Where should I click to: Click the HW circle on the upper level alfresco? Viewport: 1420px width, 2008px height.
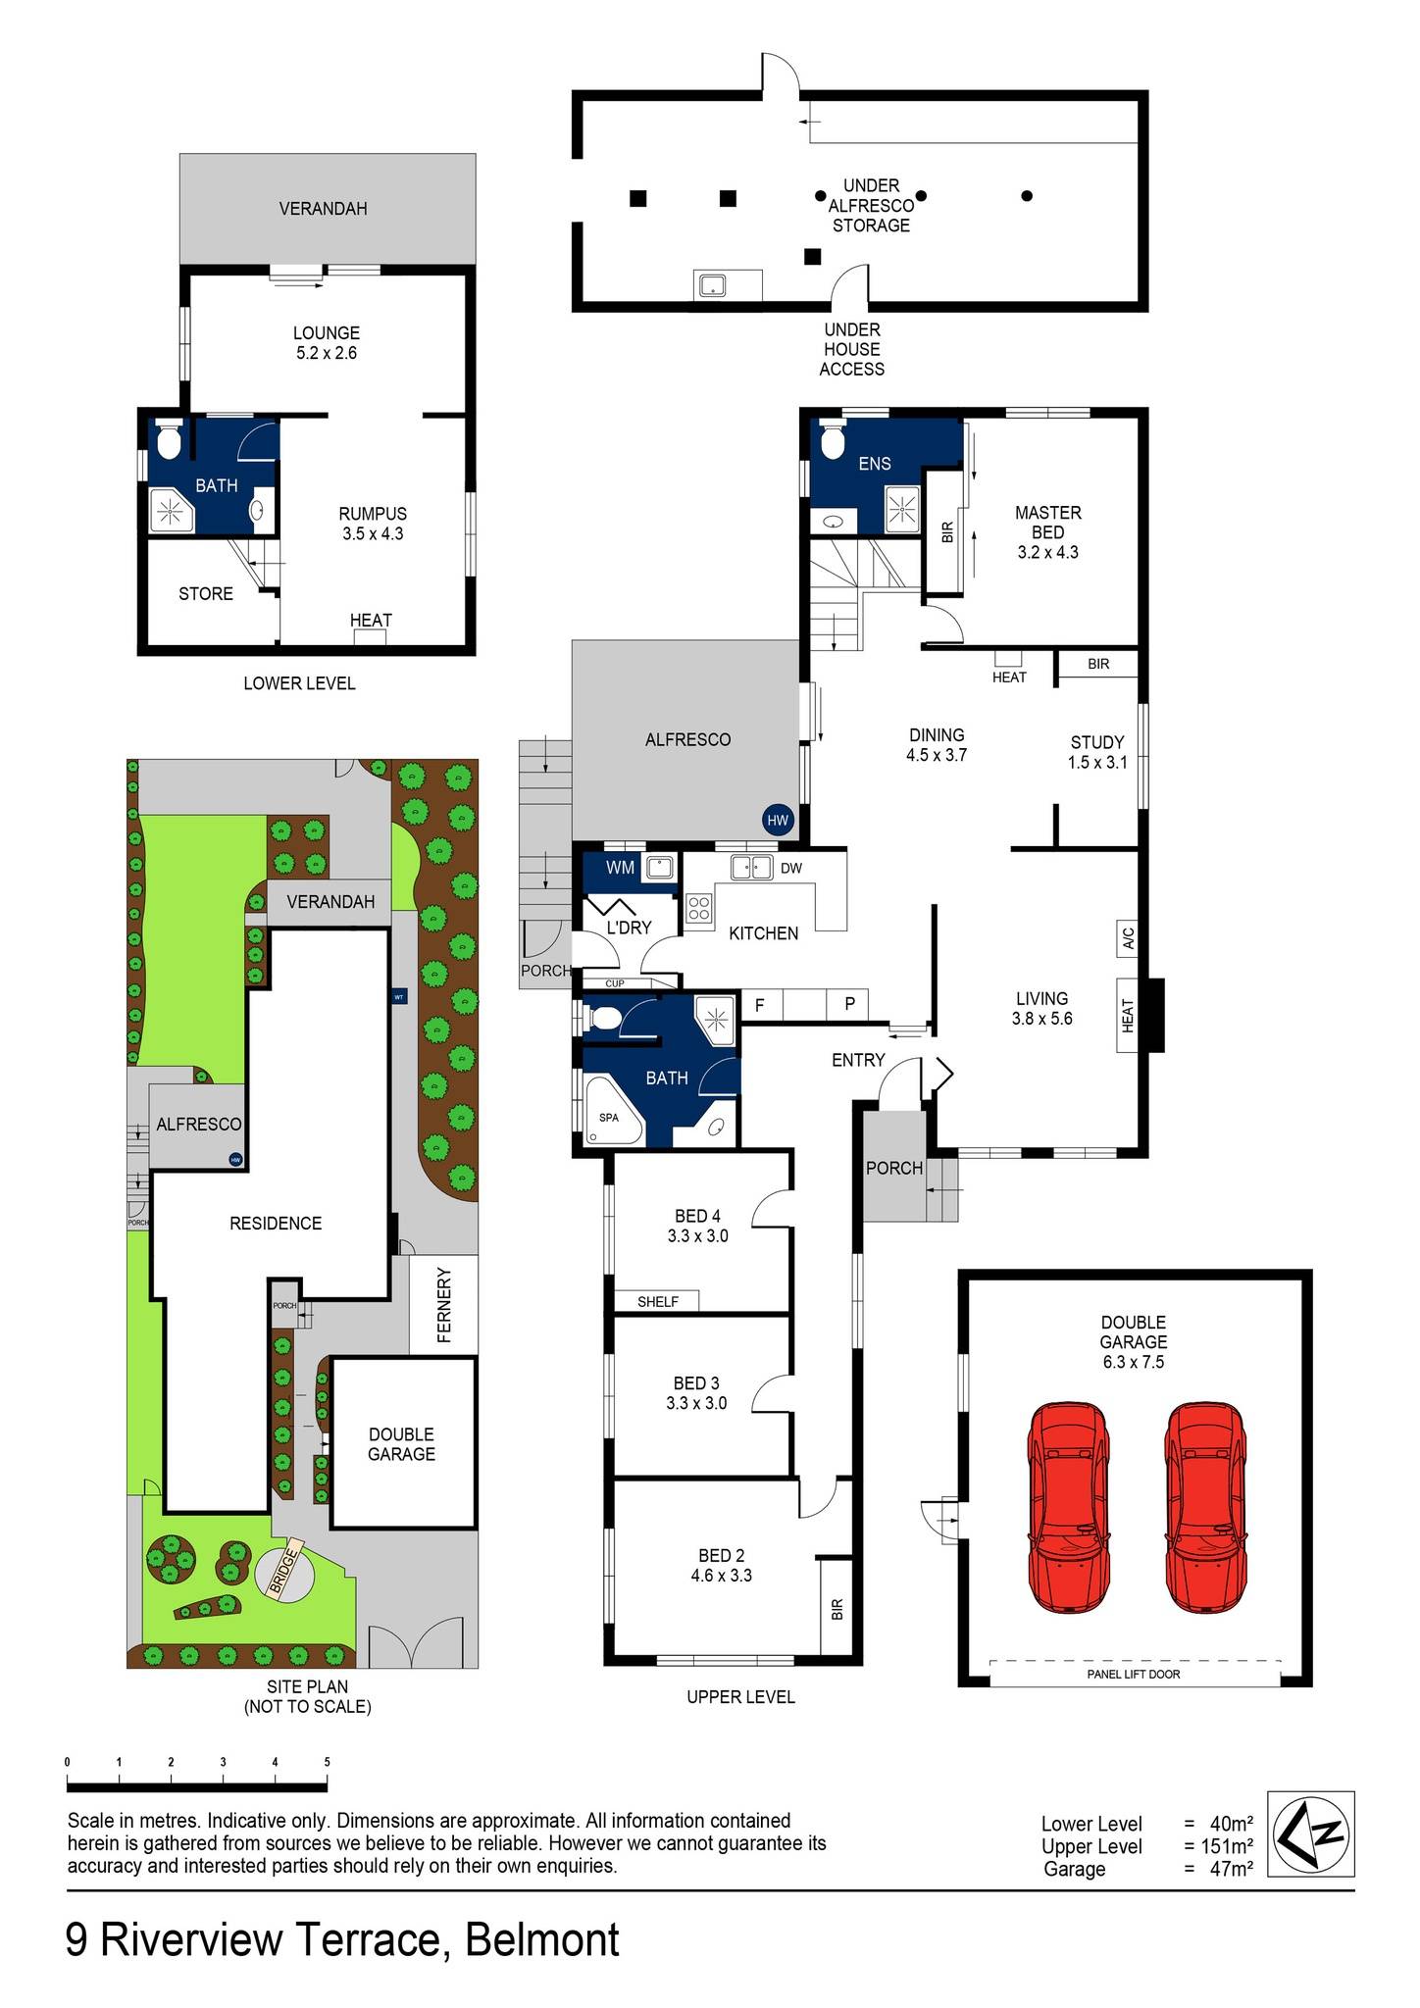pyautogui.click(x=778, y=820)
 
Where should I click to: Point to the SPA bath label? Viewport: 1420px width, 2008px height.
pyautogui.click(x=609, y=1118)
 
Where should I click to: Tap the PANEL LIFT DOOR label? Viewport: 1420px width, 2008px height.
pyautogui.click(x=1134, y=1674)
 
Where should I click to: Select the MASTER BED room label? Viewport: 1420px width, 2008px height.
pyautogui.click(x=1047, y=523)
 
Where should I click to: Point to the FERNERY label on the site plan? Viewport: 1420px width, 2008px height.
pyautogui.click(x=444, y=1305)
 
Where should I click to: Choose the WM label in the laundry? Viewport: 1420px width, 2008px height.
pyautogui.click(x=620, y=868)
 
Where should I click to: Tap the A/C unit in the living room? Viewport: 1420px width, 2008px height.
pyautogui.click(x=1128, y=938)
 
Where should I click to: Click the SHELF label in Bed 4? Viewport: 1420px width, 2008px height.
pyautogui.click(x=657, y=1301)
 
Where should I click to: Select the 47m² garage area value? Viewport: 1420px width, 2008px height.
pyautogui.click(x=1231, y=1869)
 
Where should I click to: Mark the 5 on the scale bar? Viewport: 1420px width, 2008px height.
pyautogui.click(x=327, y=1762)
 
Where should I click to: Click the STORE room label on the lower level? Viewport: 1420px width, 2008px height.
pyautogui.click(x=206, y=593)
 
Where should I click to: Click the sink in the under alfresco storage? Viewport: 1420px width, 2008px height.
pyautogui.click(x=711, y=285)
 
